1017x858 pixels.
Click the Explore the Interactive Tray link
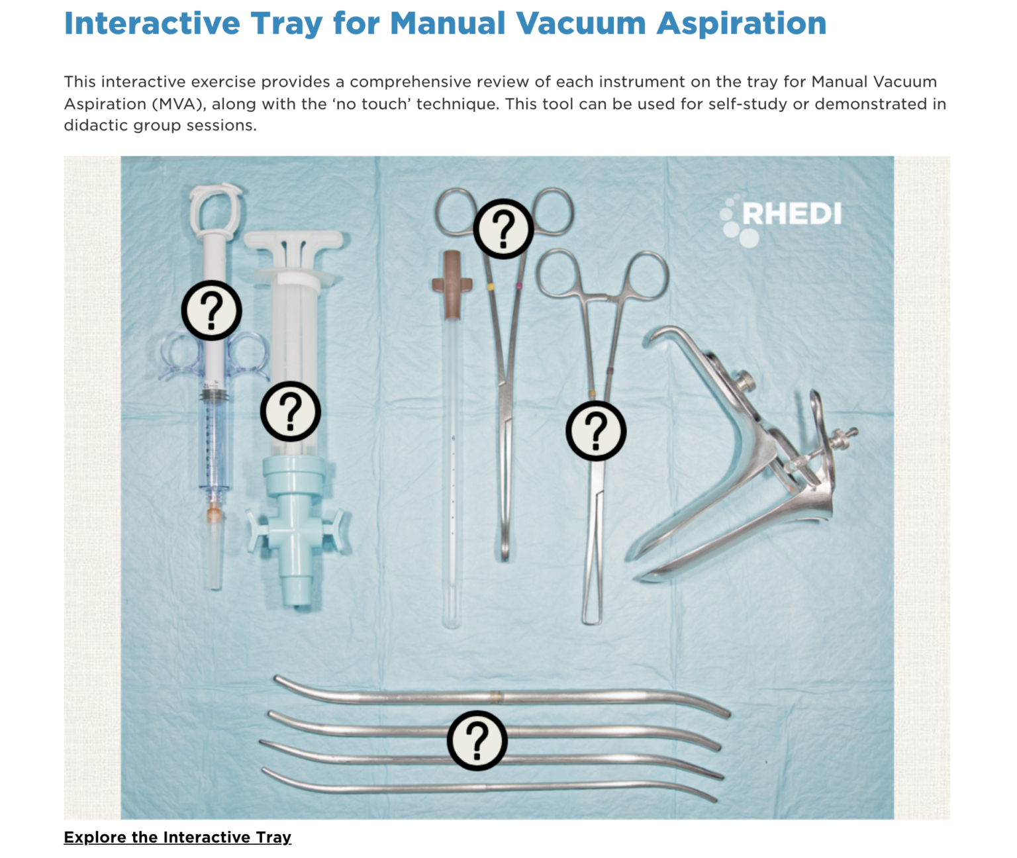tap(177, 837)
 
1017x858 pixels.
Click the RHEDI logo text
tap(791, 215)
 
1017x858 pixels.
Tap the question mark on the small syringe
tap(211, 310)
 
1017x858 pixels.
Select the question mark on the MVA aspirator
tap(290, 411)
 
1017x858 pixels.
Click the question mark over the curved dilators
tap(477, 740)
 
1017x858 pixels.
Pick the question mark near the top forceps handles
tap(503, 229)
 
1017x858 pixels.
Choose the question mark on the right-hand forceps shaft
tap(595, 431)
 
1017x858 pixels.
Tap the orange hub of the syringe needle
tap(213, 515)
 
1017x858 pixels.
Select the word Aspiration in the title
tap(742, 24)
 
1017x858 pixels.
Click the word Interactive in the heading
tap(152, 24)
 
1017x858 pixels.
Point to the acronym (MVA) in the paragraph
tap(178, 104)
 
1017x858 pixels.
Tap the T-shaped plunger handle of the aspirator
tap(294, 242)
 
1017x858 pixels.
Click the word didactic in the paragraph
tap(96, 126)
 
